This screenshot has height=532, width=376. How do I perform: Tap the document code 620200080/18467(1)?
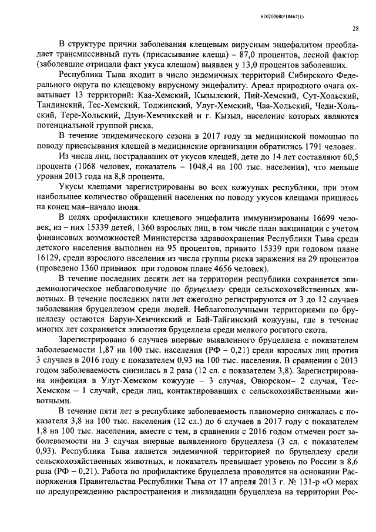326,11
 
